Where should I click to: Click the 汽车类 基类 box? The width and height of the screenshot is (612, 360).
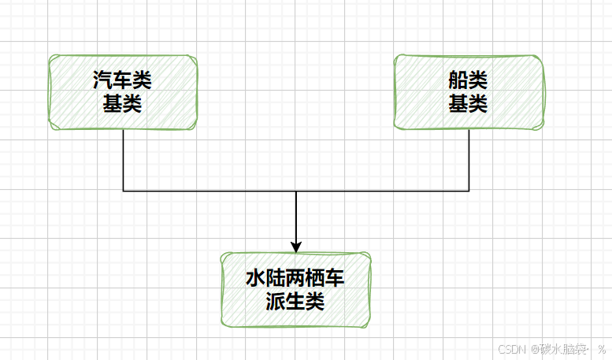(x=122, y=92)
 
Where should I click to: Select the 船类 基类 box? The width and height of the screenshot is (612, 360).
(x=468, y=92)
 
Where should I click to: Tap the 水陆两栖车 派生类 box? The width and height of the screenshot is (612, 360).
(x=295, y=289)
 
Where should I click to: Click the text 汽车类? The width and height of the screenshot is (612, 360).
(x=122, y=80)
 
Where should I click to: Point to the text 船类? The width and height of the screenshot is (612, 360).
(x=468, y=80)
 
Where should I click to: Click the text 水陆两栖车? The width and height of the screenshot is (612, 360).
(x=295, y=278)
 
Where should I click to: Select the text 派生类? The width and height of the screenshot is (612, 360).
(x=295, y=301)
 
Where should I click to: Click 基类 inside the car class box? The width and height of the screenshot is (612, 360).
(x=122, y=104)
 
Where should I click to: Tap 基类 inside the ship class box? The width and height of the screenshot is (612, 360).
(x=468, y=104)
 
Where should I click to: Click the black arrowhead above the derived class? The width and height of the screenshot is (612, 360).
(x=296, y=245)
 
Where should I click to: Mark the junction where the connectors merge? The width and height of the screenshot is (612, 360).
(x=296, y=191)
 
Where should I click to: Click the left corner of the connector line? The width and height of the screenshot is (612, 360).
(x=124, y=191)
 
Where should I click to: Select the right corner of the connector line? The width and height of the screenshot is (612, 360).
(x=469, y=191)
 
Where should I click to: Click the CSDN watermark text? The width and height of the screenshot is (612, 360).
(x=512, y=348)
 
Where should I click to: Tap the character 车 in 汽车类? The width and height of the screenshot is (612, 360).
(x=122, y=80)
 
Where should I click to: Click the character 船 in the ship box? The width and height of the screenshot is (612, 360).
(x=458, y=80)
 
